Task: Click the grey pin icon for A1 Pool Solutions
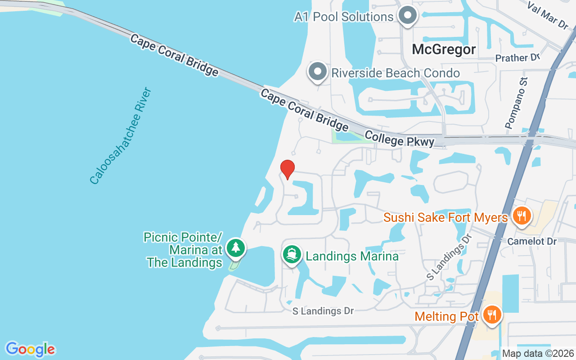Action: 408,16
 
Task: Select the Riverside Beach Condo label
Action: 396,73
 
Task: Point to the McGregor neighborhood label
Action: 444,49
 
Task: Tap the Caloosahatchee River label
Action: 121,136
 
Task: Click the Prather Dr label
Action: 517,58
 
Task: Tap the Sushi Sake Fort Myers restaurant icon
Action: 521,216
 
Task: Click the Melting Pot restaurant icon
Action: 492,315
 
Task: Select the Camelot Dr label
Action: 532,242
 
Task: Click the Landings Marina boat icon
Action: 292,255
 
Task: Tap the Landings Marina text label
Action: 352,256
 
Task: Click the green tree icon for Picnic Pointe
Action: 235,248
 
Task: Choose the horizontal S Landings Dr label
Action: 323,311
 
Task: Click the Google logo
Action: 30,349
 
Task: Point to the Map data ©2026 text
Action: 538,354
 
